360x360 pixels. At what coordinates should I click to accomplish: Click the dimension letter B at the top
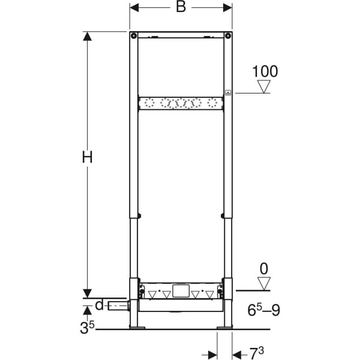[181, 7]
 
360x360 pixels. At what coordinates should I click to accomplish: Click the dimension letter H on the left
[87, 157]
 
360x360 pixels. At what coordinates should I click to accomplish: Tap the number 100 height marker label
[265, 71]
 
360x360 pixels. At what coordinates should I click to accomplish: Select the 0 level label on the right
[264, 269]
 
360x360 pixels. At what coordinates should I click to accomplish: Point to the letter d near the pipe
[99, 305]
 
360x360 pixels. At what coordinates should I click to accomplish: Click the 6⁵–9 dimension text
[264, 310]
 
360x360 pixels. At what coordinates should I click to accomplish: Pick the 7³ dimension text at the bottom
[256, 353]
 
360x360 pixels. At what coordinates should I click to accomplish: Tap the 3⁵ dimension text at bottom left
[87, 327]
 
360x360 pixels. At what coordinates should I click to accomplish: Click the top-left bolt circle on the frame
[134, 35]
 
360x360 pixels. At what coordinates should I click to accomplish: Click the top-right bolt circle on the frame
[228, 35]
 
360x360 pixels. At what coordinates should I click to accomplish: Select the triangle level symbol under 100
[264, 86]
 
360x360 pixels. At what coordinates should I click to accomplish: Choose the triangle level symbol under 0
[264, 284]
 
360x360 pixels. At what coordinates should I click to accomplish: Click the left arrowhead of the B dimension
[134, 8]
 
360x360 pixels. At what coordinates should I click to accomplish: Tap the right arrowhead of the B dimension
[227, 8]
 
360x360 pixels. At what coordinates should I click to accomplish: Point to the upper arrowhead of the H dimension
[87, 36]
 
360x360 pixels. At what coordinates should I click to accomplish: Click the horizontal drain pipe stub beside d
[118, 306]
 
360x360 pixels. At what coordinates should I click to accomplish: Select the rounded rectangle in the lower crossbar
[181, 290]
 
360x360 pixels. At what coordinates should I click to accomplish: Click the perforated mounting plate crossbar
[181, 103]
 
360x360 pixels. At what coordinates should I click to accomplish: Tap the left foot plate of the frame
[137, 327]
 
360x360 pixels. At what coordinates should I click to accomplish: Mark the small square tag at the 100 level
[228, 92]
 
